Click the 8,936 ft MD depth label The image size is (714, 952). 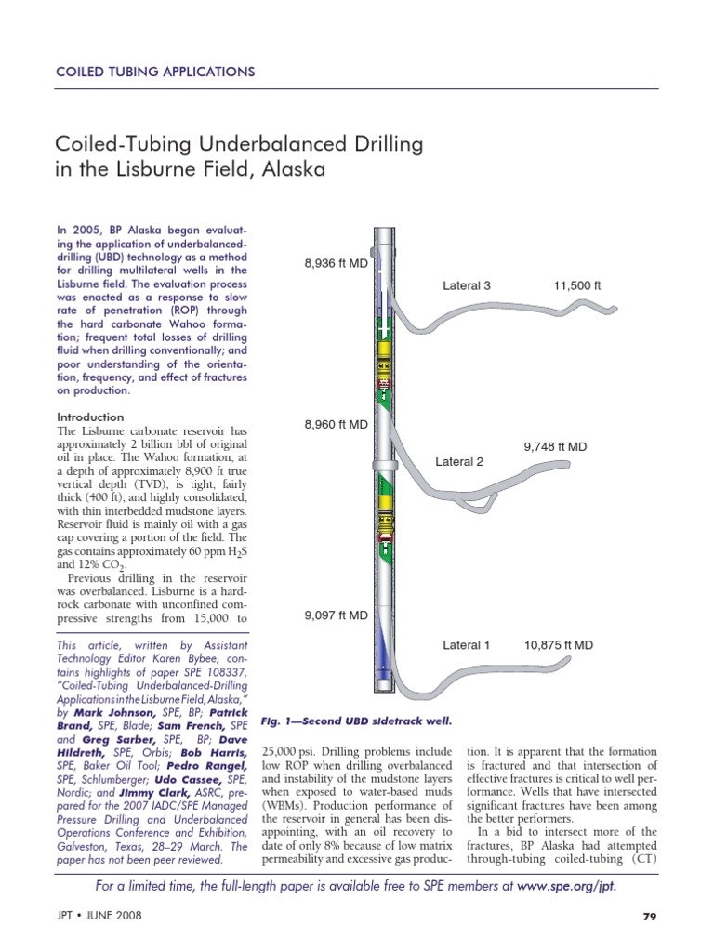point(336,264)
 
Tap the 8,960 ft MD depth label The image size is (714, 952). point(336,425)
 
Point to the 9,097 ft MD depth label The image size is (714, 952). point(336,615)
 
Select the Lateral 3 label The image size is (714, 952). point(467,285)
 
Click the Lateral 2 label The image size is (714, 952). point(459,461)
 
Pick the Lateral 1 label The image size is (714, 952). point(467,644)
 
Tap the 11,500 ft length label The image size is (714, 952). point(576,285)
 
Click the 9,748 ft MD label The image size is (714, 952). point(555,446)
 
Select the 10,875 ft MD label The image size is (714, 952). point(559,644)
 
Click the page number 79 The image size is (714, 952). point(650,918)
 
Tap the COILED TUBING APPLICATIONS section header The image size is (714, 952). point(155,72)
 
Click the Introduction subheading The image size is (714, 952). point(90,417)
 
